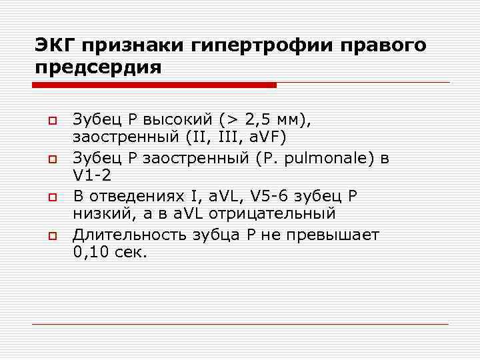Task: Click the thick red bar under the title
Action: pyautogui.click(x=154, y=85)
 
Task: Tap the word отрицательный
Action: pyautogui.click(x=271, y=214)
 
